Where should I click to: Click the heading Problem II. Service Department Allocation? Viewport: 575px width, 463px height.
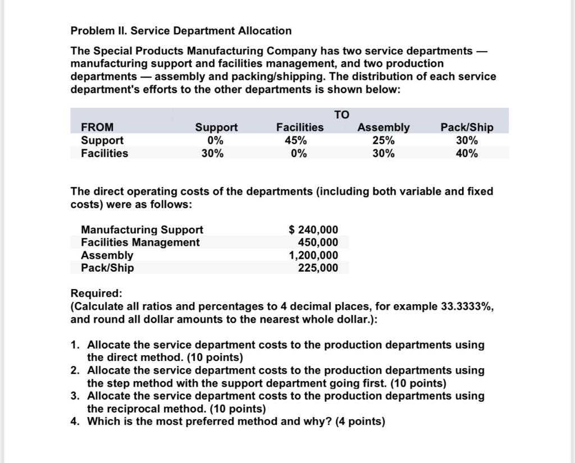181,30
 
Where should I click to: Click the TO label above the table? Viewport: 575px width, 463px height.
341,114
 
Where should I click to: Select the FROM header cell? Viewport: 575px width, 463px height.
97,127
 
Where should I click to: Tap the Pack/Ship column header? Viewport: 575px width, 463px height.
467,127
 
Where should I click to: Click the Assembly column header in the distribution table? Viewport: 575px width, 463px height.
384,127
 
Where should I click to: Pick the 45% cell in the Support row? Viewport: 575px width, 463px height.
300,140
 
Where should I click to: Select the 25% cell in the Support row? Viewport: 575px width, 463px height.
384,140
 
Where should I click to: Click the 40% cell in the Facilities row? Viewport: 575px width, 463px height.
467,153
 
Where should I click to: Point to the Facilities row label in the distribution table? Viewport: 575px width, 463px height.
104,153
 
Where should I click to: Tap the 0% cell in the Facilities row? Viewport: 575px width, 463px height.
300,153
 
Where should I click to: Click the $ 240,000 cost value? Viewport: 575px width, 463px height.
313,230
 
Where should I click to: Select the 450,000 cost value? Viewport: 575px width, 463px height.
318,242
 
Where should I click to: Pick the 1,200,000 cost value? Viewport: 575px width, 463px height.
313,255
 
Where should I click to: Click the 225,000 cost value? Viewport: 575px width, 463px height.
318,268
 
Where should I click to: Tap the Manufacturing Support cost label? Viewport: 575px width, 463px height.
142,230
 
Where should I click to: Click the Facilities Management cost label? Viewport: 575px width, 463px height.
140,242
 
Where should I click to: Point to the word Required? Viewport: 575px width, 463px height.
96,294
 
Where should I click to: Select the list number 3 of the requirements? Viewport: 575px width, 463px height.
75,396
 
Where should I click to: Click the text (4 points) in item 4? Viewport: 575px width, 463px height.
359,421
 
